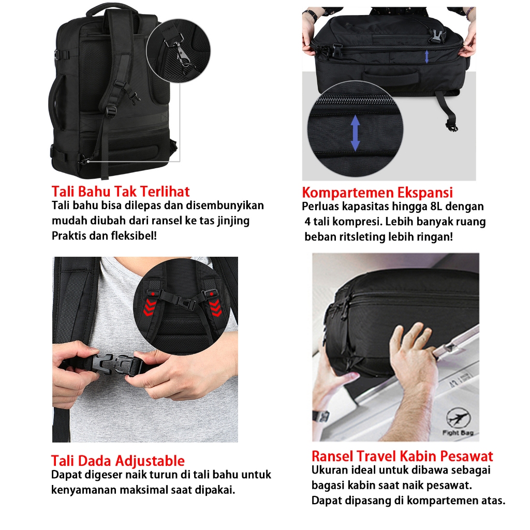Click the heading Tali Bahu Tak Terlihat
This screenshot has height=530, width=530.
[x=120, y=192]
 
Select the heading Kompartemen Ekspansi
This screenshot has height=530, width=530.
[x=377, y=193]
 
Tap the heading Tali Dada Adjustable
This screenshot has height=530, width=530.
[x=118, y=461]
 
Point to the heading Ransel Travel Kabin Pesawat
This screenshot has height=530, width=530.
[x=402, y=456]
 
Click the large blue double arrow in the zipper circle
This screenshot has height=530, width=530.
[x=355, y=133]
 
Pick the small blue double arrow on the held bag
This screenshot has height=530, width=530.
[x=426, y=56]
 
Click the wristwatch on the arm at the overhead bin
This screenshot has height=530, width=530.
[x=320, y=416]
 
